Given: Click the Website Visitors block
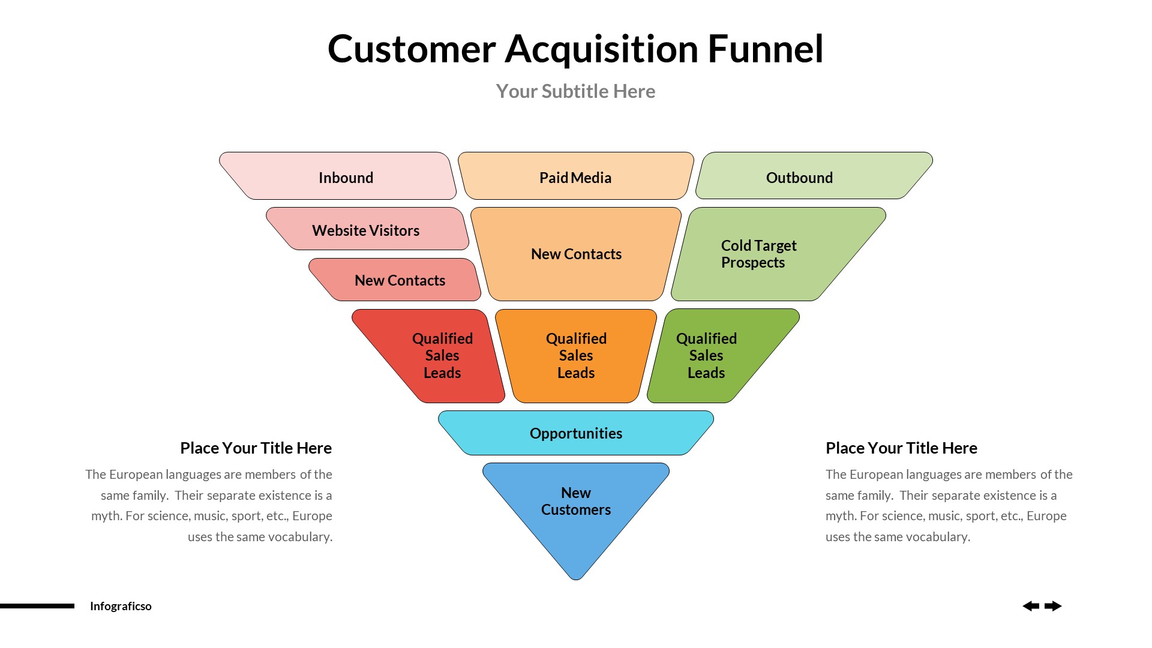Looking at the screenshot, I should [366, 230].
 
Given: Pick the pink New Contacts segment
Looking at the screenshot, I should [400, 280].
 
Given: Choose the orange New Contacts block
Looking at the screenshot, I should [576, 254].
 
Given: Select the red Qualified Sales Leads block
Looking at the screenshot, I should [442, 355].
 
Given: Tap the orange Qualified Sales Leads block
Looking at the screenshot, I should [576, 355].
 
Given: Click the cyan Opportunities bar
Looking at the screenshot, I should [576, 433].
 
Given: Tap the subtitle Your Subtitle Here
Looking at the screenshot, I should [575, 91].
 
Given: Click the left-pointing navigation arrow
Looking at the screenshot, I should [1031, 606].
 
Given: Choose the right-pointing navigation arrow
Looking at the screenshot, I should [1053, 606].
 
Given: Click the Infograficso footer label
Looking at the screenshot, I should [121, 606].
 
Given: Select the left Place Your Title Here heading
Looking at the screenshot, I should [256, 448].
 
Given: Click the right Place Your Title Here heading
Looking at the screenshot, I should [901, 448].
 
